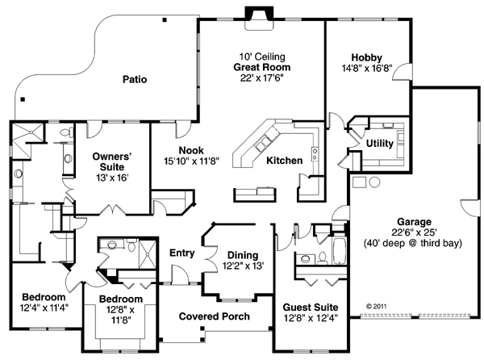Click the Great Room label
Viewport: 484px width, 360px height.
click(261, 67)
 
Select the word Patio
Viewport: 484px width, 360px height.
click(135, 79)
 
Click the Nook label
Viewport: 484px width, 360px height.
click(191, 150)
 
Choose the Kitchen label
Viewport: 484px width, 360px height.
click(285, 161)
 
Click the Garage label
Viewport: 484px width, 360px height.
click(414, 221)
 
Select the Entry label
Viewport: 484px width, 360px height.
click(182, 253)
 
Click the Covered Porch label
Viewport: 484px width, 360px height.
click(214, 316)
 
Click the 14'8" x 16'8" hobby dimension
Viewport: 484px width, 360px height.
click(366, 68)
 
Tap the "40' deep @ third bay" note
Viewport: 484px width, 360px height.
click(414, 242)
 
